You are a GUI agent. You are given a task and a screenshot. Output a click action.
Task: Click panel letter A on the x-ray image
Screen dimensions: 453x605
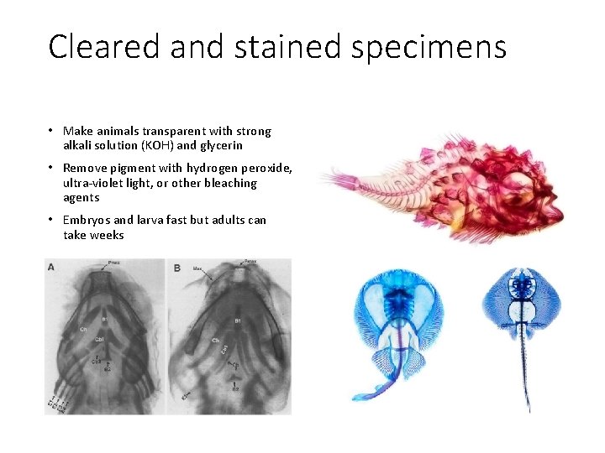point(52,268)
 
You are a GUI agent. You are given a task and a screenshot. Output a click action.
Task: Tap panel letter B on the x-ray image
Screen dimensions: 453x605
point(177,268)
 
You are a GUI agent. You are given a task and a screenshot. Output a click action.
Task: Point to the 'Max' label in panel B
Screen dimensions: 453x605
point(197,269)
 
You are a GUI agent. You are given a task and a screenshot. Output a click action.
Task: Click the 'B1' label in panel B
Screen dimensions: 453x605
point(238,321)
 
